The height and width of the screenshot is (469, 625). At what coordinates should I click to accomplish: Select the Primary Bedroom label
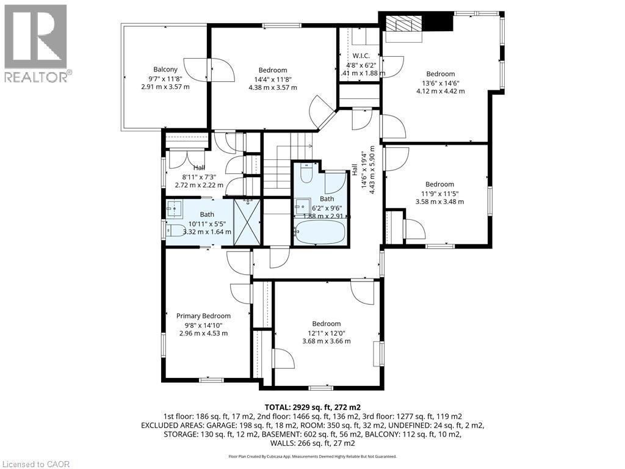click(203, 316)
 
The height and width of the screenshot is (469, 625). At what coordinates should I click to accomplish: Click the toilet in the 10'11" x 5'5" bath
click(175, 231)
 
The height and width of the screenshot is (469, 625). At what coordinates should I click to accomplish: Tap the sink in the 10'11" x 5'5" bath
click(175, 209)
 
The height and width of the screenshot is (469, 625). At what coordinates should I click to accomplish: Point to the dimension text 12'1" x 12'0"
click(327, 333)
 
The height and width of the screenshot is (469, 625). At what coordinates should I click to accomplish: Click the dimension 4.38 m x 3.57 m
click(273, 87)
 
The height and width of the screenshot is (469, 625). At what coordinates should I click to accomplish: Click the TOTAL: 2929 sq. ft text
click(312, 407)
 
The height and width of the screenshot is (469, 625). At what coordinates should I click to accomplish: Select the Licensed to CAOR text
click(36, 464)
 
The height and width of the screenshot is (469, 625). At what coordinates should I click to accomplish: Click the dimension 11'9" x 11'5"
click(439, 193)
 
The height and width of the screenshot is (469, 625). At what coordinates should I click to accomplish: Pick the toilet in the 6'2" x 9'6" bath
click(307, 175)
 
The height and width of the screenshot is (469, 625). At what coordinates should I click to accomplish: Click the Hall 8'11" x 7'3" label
click(199, 168)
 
